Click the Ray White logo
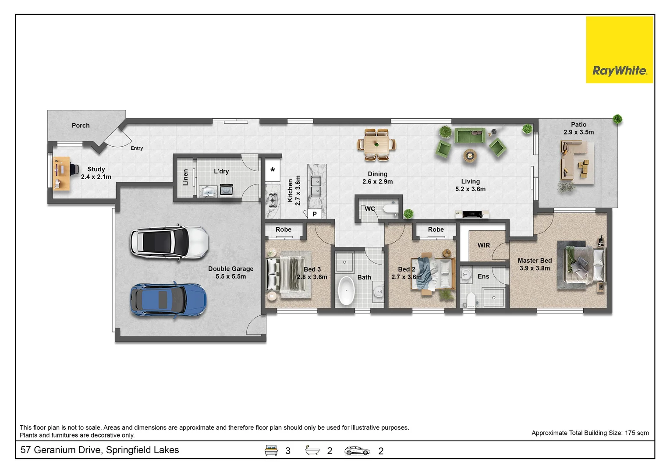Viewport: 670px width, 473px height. click(619, 50)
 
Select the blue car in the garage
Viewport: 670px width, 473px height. click(168, 300)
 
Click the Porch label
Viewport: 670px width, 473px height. click(81, 125)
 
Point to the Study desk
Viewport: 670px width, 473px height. click(61, 173)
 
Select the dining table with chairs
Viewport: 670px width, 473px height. click(376, 144)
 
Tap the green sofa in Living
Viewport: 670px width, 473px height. click(469, 135)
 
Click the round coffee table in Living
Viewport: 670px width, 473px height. click(470, 155)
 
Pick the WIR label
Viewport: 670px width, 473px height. click(484, 245)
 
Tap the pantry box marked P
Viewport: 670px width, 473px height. click(315, 214)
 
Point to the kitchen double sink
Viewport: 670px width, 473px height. click(315, 186)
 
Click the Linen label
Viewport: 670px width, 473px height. click(185, 177)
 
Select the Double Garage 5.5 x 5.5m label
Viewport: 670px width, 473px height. click(230, 272)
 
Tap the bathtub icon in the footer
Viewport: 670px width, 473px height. click(312, 450)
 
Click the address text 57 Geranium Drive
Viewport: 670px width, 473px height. click(99, 450)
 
